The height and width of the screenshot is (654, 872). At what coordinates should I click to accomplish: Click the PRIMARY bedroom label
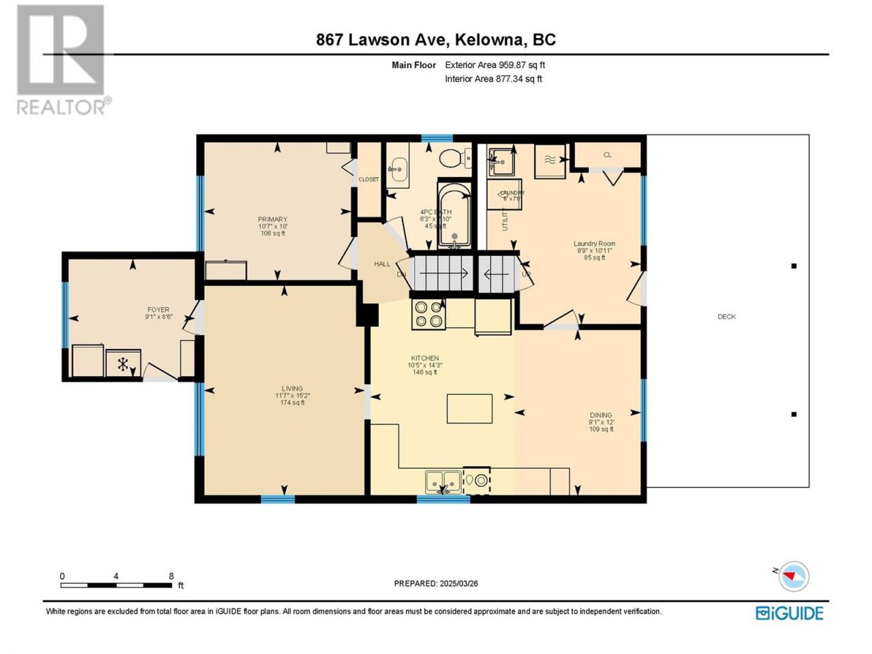pyautogui.click(x=272, y=220)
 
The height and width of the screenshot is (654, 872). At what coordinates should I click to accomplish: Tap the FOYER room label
pyautogui.click(x=159, y=310)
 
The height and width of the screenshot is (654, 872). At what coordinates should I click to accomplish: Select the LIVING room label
pyautogui.click(x=292, y=389)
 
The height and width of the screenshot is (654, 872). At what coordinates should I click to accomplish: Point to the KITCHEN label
pyautogui.click(x=424, y=358)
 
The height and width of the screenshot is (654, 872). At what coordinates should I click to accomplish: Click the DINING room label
pyautogui.click(x=601, y=415)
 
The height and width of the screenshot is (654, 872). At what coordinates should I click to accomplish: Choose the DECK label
pyautogui.click(x=726, y=317)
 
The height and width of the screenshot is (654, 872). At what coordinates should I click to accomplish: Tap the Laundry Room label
pyautogui.click(x=595, y=244)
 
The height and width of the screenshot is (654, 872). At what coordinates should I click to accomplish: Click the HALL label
pyautogui.click(x=382, y=264)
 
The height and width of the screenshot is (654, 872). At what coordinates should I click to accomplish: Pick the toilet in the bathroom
pyautogui.click(x=453, y=159)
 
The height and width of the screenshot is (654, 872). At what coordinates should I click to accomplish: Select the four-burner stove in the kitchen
pyautogui.click(x=429, y=314)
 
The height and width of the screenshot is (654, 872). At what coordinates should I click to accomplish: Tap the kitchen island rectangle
pyautogui.click(x=469, y=408)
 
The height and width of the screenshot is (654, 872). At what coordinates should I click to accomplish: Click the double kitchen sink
pyautogui.click(x=443, y=482)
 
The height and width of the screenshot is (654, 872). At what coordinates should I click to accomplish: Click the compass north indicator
pyautogui.click(x=791, y=576)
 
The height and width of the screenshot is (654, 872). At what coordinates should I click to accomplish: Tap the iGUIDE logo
pyautogui.click(x=790, y=612)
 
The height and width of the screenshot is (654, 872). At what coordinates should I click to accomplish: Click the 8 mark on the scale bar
pyautogui.click(x=171, y=576)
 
